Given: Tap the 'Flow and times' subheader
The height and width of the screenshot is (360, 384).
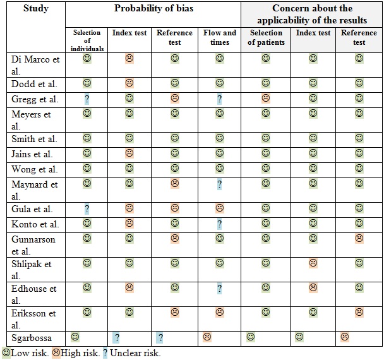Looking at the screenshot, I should tap(220, 37).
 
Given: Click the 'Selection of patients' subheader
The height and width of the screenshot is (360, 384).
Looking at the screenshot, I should tap(266, 37).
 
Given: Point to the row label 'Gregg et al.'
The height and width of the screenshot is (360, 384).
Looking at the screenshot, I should tap(35, 99).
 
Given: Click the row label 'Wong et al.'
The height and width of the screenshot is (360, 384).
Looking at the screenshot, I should tap(35, 169).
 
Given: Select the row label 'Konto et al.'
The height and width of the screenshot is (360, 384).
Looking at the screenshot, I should tap(35, 224).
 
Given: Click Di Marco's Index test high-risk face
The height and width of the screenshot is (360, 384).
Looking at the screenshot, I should tap(129, 59).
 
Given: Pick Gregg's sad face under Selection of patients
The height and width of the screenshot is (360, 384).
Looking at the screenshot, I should tap(266, 99).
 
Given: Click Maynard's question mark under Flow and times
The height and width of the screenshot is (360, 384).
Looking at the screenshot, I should tap(220, 184).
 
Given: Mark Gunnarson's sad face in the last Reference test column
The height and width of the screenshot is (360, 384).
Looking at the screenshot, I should tap(359, 239).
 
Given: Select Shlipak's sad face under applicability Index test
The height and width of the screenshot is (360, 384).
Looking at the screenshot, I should tap(313, 263).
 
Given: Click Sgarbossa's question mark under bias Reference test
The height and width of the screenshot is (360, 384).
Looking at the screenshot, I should tap(160, 338).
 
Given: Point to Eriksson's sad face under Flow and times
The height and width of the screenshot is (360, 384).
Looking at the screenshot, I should tap(220, 311).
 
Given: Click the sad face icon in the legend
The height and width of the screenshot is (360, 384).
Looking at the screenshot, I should tap(56, 353).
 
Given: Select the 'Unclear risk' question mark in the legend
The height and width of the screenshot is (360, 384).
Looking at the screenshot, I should tap(105, 353).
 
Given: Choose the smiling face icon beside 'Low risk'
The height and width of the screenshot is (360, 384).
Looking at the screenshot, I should tap(6, 353).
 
